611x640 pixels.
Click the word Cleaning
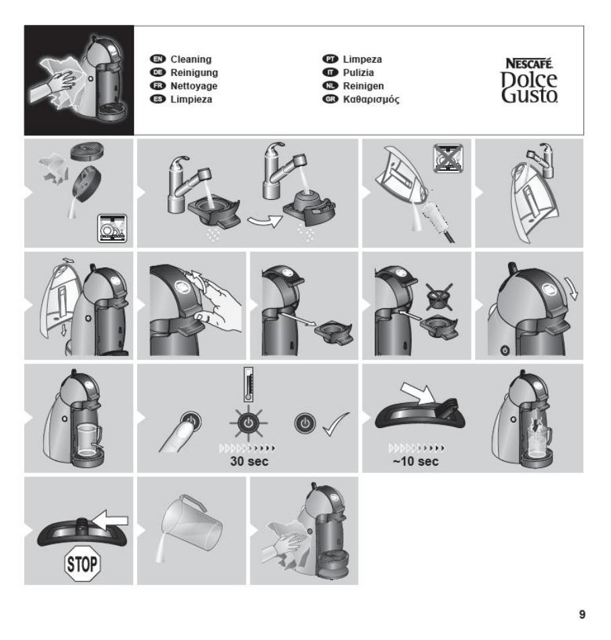pos(190,59)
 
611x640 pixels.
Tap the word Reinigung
pos(194,73)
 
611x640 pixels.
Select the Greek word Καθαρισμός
pos(371,99)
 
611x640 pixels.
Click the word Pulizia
pos(359,73)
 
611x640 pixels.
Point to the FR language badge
pos(157,85)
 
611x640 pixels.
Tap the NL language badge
pos(330,85)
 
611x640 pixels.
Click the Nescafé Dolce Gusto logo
pos(529,80)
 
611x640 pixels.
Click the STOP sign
pos(82,564)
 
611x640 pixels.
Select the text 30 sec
pos(249,461)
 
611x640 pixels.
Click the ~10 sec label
pos(415,461)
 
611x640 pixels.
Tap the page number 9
pos(582,614)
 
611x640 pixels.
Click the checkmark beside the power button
pos(336,425)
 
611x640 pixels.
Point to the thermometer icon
pos(248,384)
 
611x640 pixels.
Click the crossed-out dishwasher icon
pos(447,157)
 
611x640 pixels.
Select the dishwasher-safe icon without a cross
pos(112,227)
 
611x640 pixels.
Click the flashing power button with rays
pos(248,423)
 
